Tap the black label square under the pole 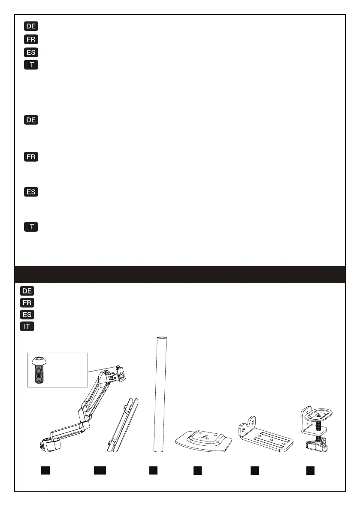154,471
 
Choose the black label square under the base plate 197,471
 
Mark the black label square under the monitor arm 45,471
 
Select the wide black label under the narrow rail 100,471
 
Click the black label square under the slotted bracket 254,471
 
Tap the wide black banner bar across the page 180,275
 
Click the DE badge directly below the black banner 27,290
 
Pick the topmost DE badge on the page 31,26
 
